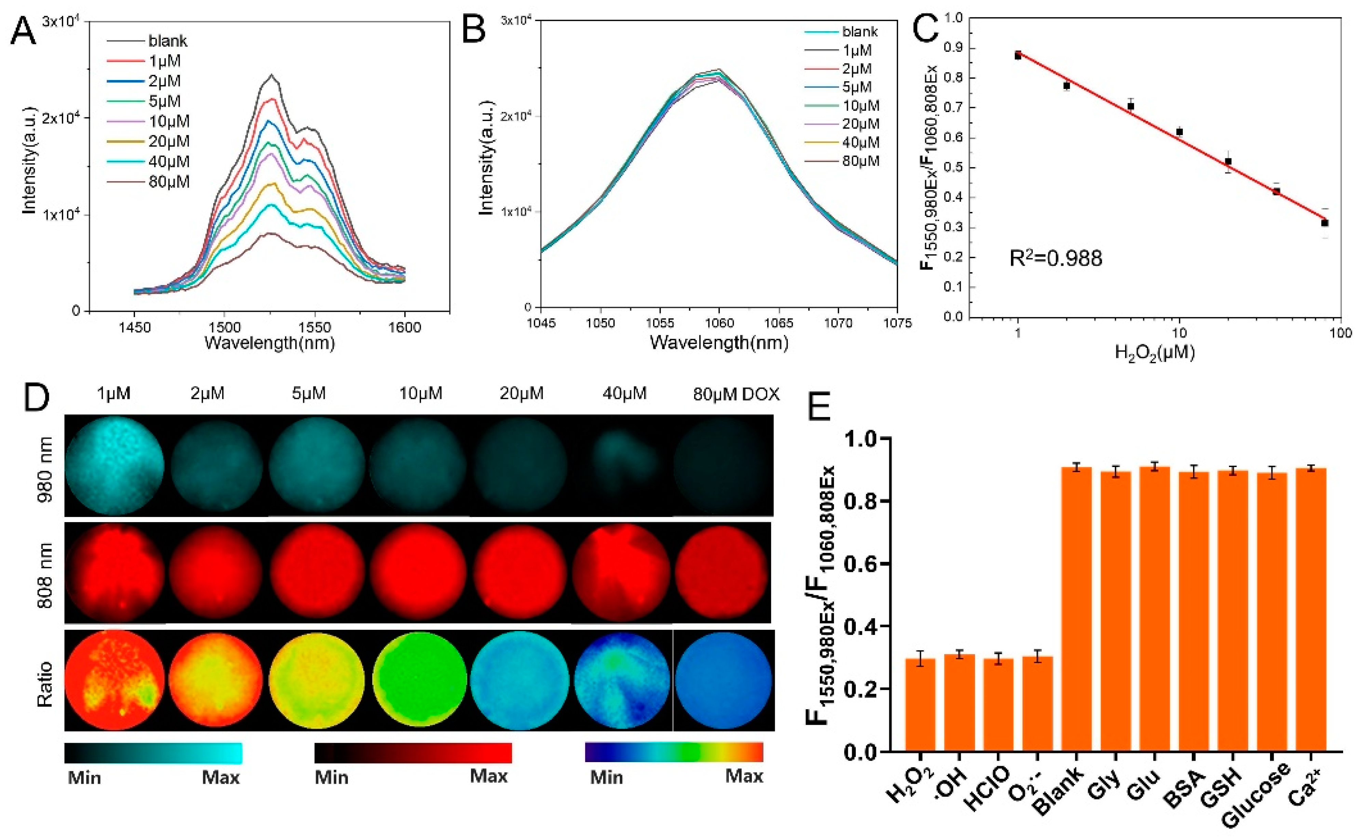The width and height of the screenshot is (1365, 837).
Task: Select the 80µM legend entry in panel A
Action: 168,182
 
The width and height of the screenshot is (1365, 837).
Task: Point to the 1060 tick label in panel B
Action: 719,323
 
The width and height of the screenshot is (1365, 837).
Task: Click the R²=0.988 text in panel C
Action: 1055,258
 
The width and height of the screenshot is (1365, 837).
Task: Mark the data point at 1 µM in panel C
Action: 1018,55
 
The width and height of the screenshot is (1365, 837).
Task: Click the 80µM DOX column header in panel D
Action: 736,394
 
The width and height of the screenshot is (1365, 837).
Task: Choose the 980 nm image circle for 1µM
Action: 115,466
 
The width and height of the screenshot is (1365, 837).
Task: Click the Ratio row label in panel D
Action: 45,683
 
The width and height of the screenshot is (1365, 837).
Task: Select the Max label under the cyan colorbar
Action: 220,778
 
